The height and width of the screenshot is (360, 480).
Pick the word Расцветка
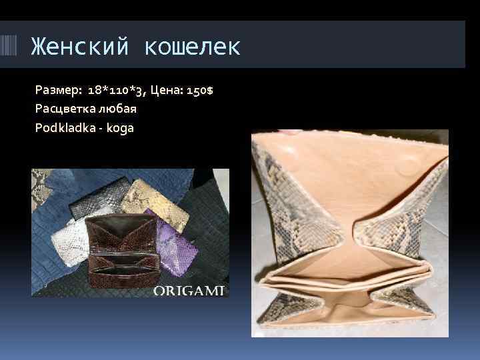tap(65, 108)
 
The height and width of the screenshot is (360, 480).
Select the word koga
tap(120, 127)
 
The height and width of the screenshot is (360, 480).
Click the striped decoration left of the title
tap(13, 46)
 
